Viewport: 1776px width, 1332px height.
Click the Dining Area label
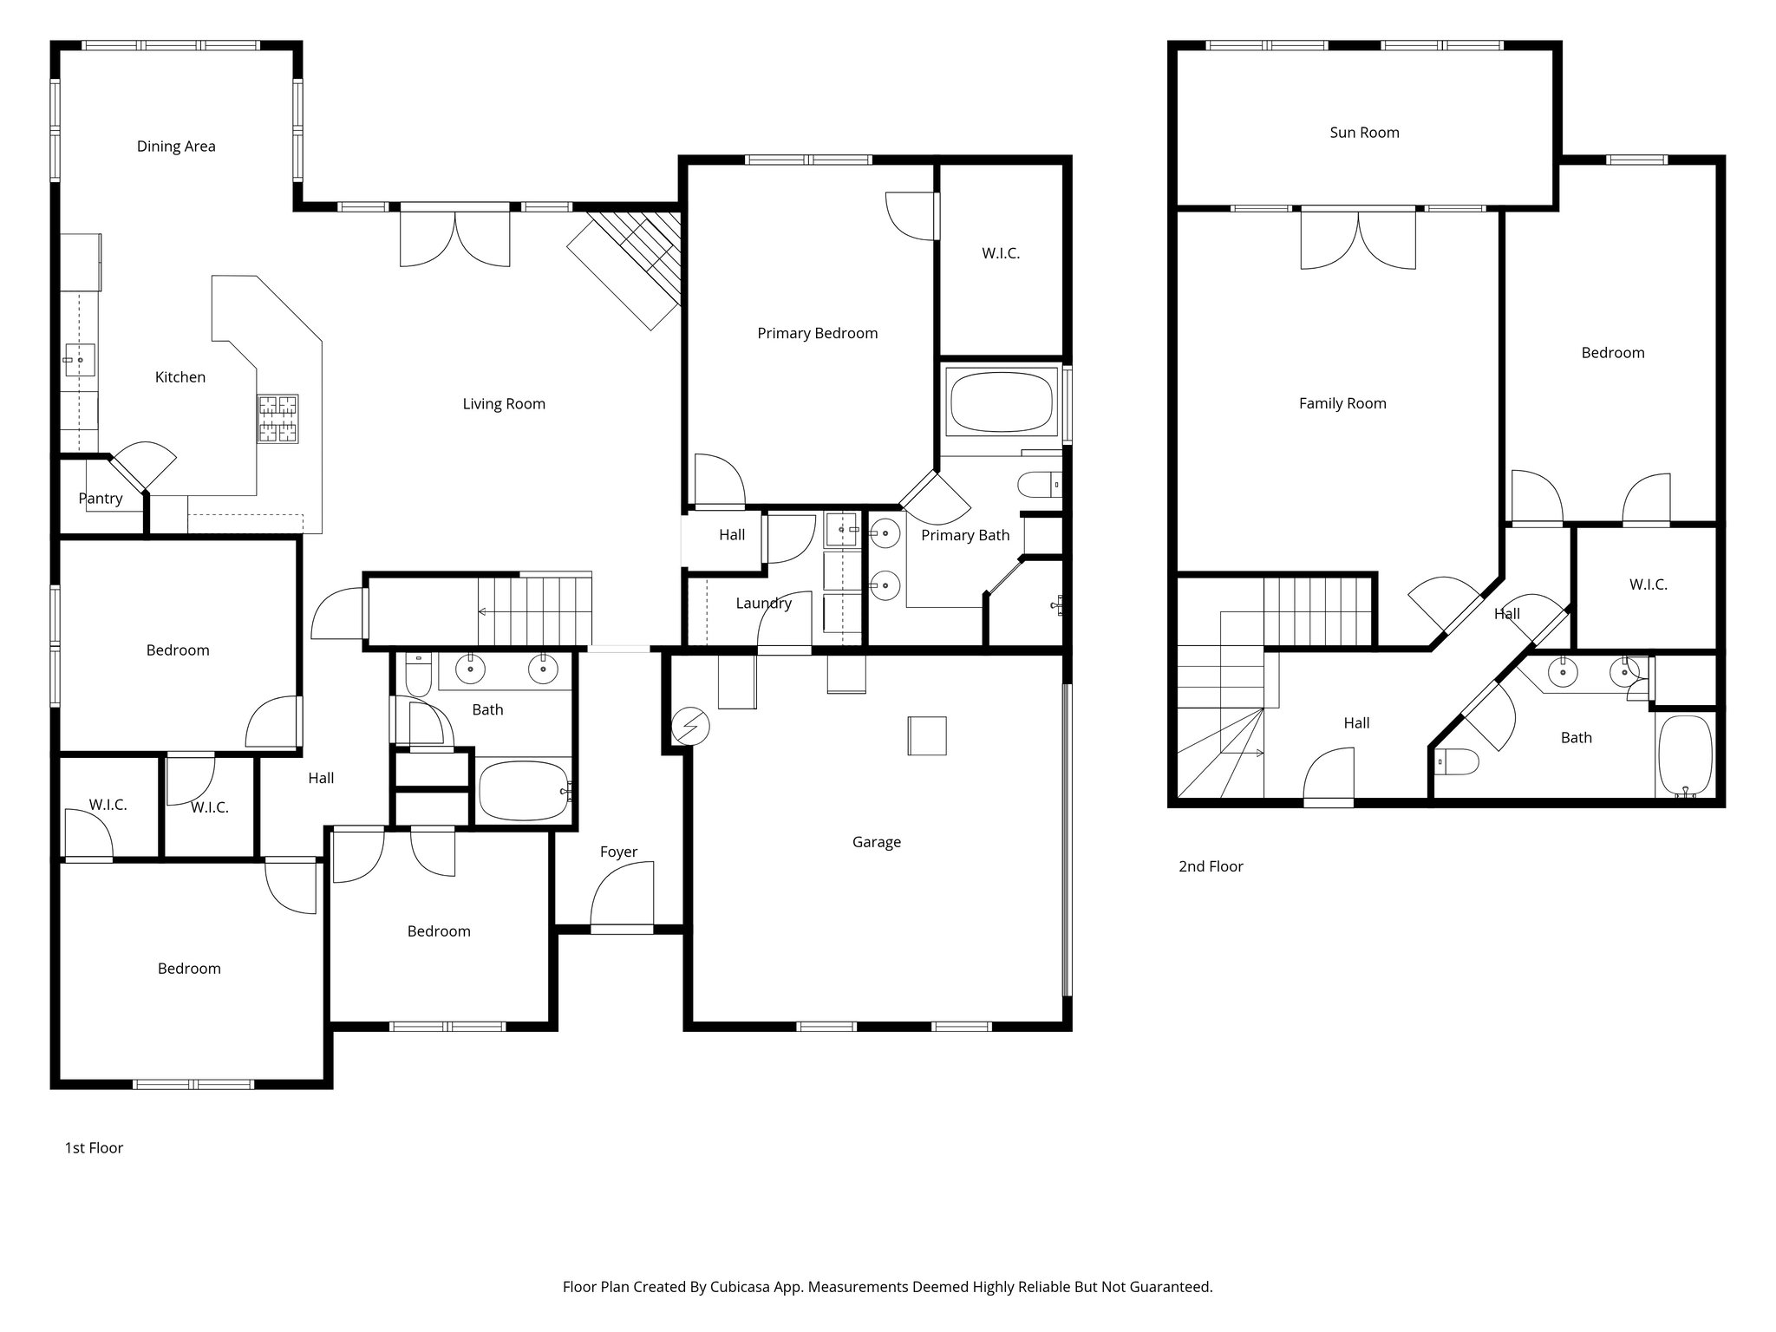pos(176,147)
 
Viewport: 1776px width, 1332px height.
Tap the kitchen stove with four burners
pos(277,419)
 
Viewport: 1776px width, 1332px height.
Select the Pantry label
pos(101,499)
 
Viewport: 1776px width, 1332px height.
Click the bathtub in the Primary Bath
pos(1002,402)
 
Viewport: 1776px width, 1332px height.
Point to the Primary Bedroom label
pos(817,333)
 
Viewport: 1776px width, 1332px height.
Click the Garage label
pos(876,842)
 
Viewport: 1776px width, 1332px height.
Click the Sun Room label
pos(1364,133)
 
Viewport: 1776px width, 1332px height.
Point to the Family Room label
pos(1342,403)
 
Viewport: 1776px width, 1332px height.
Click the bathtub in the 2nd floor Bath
pos(1685,754)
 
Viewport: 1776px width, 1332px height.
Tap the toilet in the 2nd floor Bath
pos(1457,762)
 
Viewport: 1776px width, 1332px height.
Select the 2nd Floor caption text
pos(1211,866)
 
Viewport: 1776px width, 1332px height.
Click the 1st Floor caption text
pos(94,1148)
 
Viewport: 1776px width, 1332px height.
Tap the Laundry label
pos(763,604)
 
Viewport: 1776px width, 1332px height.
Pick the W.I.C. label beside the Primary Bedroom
pos(1001,253)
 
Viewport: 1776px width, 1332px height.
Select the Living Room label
pos(504,403)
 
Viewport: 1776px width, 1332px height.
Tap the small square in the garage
pos(927,735)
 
